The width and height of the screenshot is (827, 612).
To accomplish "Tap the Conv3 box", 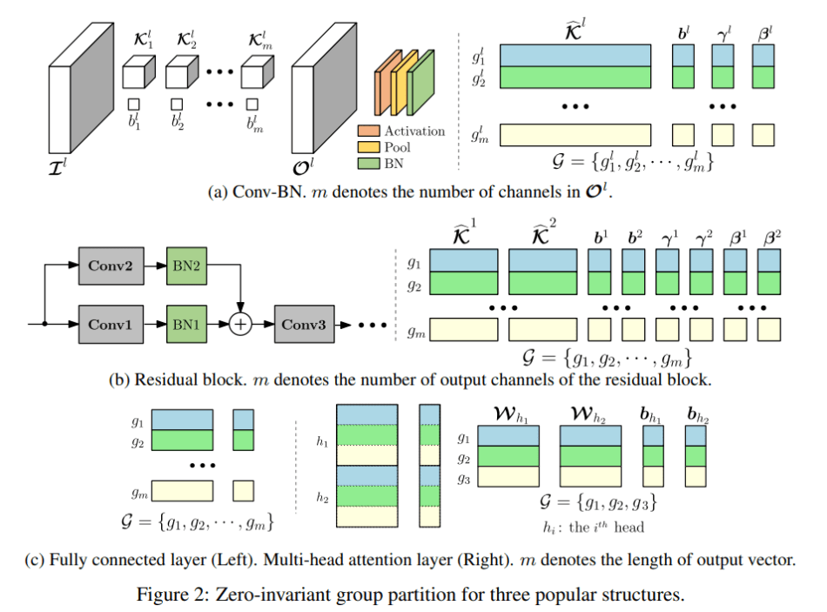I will (304, 324).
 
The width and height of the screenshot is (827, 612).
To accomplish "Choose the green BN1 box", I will (188, 324).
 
